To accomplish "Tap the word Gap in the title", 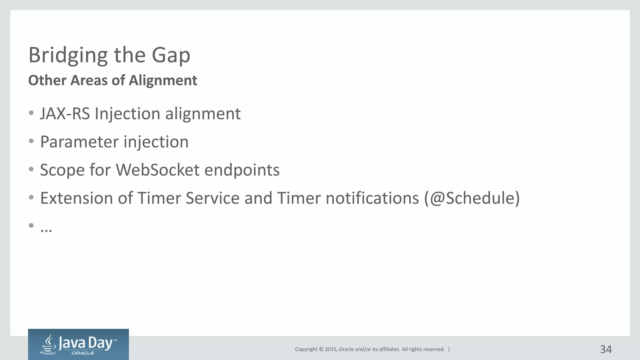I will [171, 55].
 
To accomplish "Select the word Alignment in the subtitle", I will [163, 80].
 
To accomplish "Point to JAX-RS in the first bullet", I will [65, 113].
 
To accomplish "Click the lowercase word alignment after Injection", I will [203, 113].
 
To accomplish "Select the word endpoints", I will [242, 170].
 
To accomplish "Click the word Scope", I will [62, 170].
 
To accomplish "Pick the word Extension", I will [77, 198].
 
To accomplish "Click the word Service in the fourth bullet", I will [212, 198].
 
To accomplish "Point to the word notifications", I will [372, 198].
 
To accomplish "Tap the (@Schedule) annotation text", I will [472, 198].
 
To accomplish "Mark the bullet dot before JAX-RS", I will [31, 113].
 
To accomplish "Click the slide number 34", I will [606, 349].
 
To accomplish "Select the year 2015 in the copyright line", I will [331, 349].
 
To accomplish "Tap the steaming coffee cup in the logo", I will [48, 345].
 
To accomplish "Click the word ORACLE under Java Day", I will [83, 353].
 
